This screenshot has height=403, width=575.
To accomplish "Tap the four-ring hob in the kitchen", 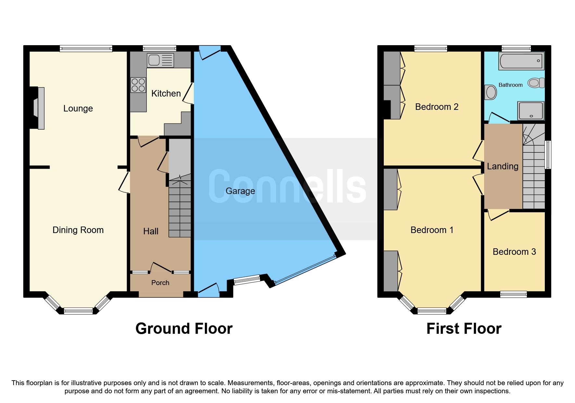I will click(138, 85).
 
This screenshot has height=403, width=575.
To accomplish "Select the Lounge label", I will click(78, 109).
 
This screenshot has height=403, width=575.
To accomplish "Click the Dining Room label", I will click(78, 230).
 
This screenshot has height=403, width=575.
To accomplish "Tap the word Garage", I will click(240, 191).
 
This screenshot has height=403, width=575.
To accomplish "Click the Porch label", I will click(160, 283).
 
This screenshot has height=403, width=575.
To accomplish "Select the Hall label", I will click(151, 231).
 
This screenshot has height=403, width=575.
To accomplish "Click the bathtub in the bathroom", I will click(521, 61).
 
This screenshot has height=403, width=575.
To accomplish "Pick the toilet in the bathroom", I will click(535, 83).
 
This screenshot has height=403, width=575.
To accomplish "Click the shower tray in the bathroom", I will click(531, 111).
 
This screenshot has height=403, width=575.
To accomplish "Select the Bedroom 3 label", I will click(514, 252).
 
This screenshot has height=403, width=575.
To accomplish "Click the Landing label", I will click(503, 166).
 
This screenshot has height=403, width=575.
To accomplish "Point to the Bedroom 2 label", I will click(436, 107).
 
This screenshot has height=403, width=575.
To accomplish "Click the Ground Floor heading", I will click(184, 329).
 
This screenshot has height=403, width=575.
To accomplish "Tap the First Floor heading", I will click(464, 329).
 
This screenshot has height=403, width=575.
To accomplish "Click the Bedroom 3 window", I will click(513, 294).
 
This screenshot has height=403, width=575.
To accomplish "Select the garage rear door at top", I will click(209, 52).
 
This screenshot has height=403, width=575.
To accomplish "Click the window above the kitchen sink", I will click(159, 48).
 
